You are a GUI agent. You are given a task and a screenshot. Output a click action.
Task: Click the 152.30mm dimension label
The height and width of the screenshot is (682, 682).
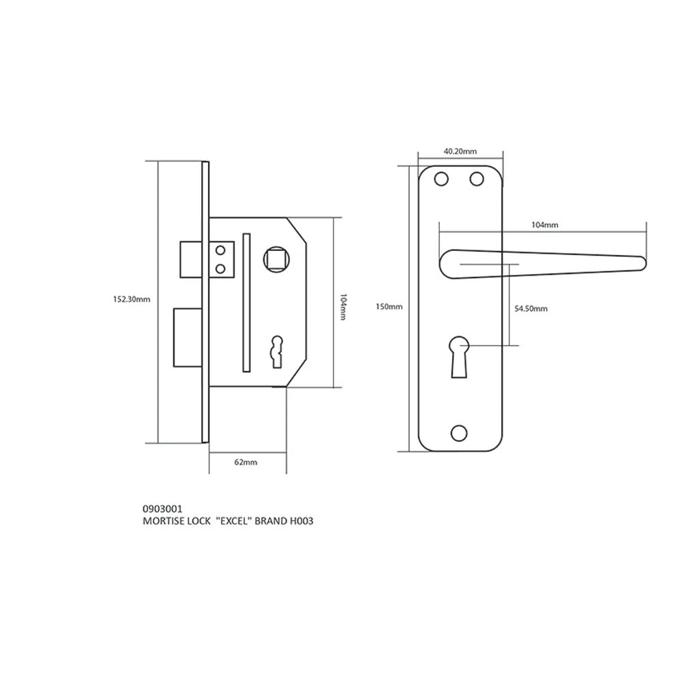(131, 299)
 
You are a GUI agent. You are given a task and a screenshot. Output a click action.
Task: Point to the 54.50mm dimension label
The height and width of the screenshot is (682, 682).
(531, 309)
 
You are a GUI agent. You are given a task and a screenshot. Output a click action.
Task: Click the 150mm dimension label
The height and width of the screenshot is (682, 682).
(389, 307)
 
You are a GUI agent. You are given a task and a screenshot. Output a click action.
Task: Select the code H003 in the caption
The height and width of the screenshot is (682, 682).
(301, 520)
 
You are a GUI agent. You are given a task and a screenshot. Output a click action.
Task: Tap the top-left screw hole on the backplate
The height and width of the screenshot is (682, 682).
(441, 179)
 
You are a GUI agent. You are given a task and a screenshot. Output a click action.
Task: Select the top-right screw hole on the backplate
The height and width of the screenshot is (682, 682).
(474, 179)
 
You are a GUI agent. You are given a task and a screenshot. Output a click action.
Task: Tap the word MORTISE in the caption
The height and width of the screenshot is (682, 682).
(162, 520)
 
